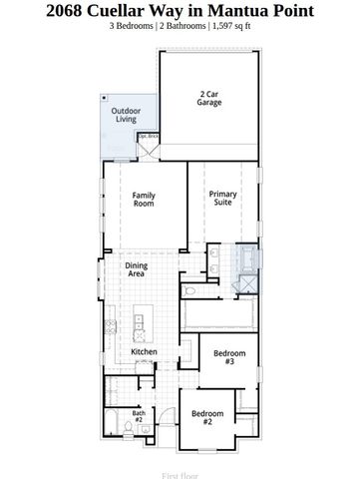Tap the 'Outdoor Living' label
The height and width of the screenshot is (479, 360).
click(x=126, y=115)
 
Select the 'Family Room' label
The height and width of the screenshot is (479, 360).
click(x=144, y=199)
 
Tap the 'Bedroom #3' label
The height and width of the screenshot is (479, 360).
click(x=229, y=355)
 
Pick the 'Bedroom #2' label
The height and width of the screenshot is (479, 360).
click(x=206, y=418)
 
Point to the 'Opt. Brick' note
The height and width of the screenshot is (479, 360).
click(x=149, y=136)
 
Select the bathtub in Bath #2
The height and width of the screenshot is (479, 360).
click(x=158, y=422)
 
